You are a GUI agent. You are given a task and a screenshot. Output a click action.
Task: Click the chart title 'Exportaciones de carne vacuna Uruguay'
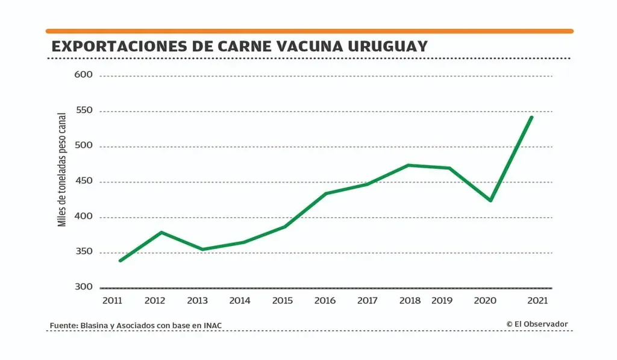pyautogui.click(x=239, y=46)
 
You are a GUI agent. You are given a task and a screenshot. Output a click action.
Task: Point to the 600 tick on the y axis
pyautogui.click(x=83, y=75)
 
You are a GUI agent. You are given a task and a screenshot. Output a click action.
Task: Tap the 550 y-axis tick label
pyautogui.click(x=83, y=111)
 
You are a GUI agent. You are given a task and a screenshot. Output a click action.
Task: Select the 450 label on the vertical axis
pyautogui.click(x=83, y=182)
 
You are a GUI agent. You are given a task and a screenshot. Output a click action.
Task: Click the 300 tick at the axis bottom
pyautogui.click(x=83, y=287)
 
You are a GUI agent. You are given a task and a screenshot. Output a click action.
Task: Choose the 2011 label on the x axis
pyautogui.click(x=113, y=300)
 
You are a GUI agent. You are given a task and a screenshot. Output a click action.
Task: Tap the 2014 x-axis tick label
pyautogui.click(x=240, y=300)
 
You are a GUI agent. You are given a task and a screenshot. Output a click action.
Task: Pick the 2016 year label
pyautogui.click(x=325, y=300)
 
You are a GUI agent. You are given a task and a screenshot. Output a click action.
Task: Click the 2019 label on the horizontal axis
pyautogui.click(x=442, y=300)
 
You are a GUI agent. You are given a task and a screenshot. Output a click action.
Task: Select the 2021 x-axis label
pyautogui.click(x=537, y=300)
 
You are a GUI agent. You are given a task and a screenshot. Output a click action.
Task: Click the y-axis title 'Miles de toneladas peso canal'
pyautogui.click(x=62, y=171)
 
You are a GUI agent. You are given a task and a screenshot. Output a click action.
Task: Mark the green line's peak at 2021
pyautogui.click(x=531, y=117)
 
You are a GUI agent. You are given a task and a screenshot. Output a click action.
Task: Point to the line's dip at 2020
pyautogui.click(x=491, y=200)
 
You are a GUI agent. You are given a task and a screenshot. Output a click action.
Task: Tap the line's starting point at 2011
pyautogui.click(x=120, y=261)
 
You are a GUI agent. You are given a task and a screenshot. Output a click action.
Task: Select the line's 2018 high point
pyautogui.click(x=409, y=165)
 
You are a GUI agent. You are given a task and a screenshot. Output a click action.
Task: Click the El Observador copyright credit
pyautogui.click(x=537, y=324)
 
